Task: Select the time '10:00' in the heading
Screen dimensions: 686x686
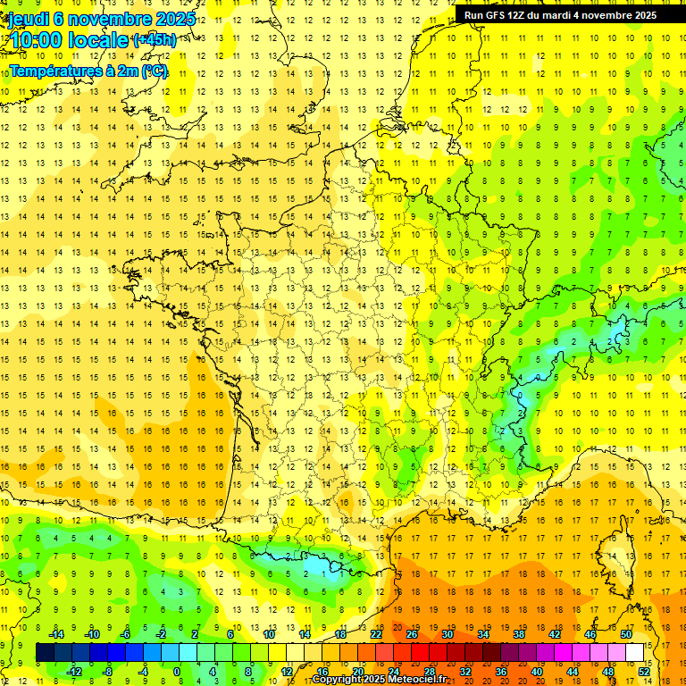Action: pos(37,39)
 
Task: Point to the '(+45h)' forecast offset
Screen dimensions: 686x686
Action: pos(154,40)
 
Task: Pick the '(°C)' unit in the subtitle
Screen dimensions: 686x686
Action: pos(154,71)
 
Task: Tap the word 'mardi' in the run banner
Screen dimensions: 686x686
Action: pos(569,15)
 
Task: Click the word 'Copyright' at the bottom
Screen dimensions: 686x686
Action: pos(338,680)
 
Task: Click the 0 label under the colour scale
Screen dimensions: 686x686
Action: pos(177,672)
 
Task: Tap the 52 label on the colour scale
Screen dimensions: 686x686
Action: pos(644,672)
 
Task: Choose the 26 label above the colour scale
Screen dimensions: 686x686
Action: pos(412,634)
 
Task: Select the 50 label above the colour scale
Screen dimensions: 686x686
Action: pos(626,634)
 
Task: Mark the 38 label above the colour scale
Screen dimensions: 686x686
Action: pos(519,634)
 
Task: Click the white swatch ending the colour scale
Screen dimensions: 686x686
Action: pos(634,653)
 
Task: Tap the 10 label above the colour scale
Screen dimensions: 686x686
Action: pos(269,634)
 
